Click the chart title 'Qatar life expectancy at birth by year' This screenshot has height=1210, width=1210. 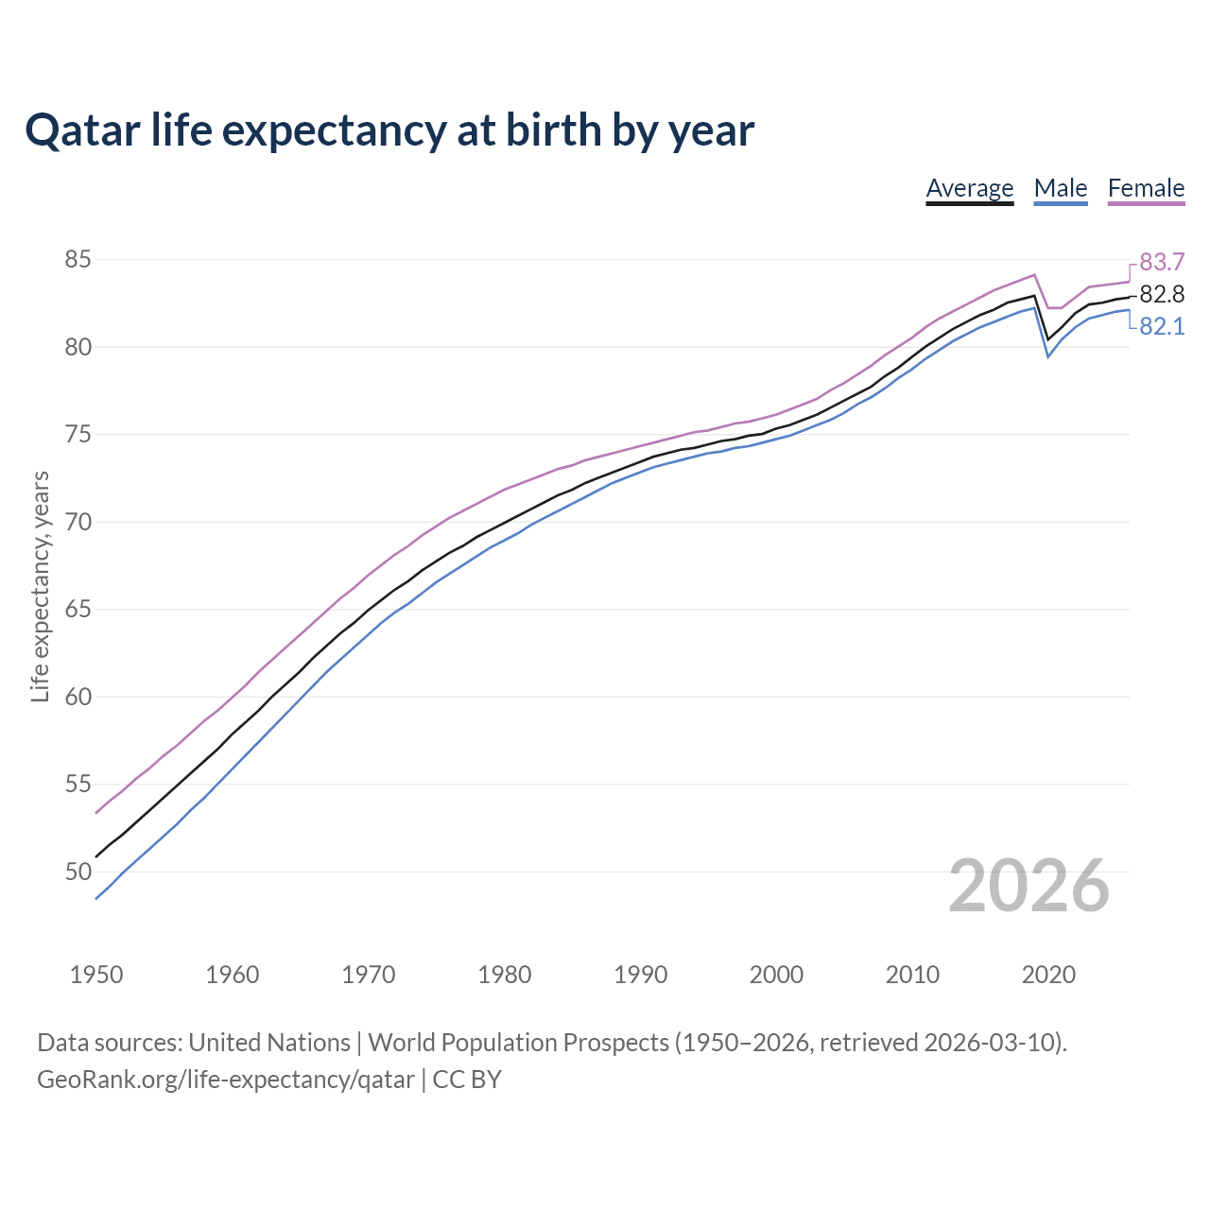[x=389, y=130]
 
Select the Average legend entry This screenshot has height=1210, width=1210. [x=969, y=188]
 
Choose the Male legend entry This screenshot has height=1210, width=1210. [x=1060, y=188]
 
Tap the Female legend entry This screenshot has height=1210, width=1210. [x=1146, y=188]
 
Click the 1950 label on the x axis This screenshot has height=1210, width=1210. [x=96, y=975]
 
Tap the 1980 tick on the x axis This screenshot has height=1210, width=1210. [x=504, y=975]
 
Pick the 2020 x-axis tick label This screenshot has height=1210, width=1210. [x=1048, y=975]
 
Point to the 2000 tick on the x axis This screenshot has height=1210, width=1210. [x=776, y=975]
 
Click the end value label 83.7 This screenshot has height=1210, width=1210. [x=1162, y=262]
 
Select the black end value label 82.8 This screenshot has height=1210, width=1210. [x=1162, y=294]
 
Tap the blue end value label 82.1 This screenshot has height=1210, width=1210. [x=1162, y=327]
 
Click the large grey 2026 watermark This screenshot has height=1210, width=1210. [x=1028, y=886]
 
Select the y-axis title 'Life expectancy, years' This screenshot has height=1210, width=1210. [x=40, y=587]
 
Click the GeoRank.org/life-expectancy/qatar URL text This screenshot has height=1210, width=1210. [x=225, y=1080]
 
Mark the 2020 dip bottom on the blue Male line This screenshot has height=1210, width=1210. [x=1047, y=356]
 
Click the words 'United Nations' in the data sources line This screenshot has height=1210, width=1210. [x=269, y=1043]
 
